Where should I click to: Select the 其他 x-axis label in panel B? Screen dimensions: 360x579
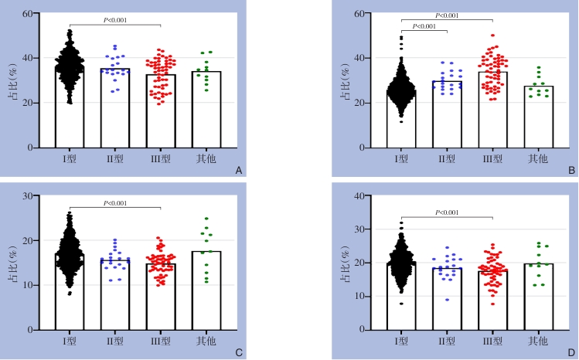[539, 158]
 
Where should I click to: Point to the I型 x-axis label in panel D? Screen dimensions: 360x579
[401, 341]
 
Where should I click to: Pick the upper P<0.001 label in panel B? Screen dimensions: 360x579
[447, 15]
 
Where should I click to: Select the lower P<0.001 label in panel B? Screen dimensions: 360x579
[424, 27]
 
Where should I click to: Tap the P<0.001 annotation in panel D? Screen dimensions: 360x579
[447, 212]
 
